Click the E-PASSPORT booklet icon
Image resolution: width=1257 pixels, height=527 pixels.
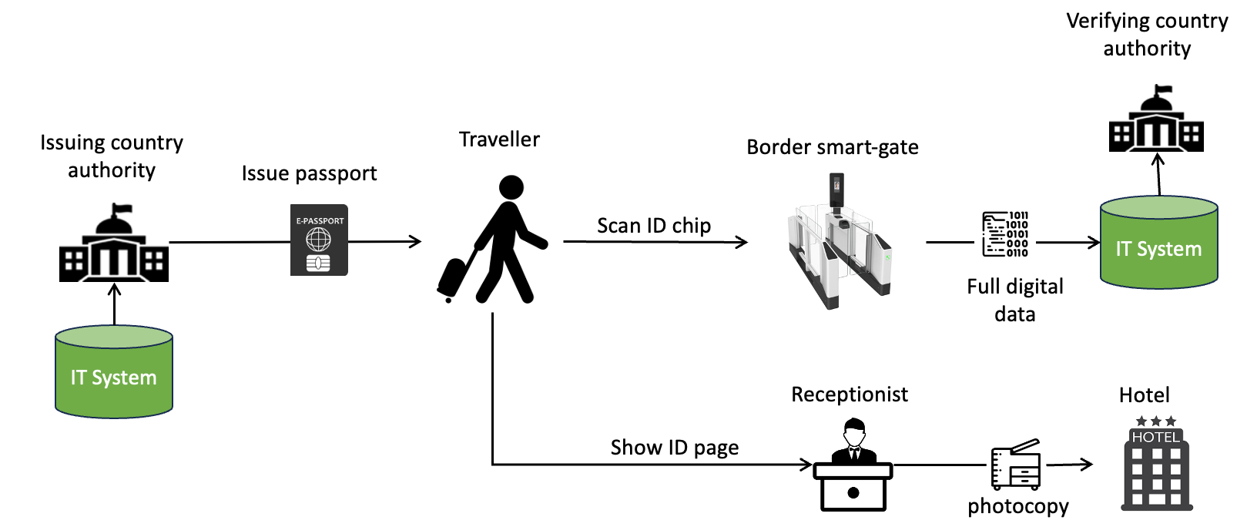tap(319, 240)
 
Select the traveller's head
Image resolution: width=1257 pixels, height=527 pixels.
tap(511, 187)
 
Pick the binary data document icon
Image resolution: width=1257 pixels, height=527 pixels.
tap(1005, 234)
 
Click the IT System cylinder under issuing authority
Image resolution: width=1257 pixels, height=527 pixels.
tap(114, 373)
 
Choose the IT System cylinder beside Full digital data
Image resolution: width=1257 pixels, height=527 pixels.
tap(1158, 243)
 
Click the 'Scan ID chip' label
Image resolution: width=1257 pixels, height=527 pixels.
tap(654, 226)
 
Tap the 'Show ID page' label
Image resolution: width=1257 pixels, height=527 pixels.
tap(675, 448)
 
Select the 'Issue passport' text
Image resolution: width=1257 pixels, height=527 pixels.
tap(309, 173)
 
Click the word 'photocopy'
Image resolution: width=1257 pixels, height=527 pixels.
tap(1018, 506)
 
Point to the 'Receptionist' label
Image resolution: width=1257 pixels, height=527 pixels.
tap(850, 394)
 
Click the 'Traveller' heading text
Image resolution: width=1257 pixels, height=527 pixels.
tap(499, 139)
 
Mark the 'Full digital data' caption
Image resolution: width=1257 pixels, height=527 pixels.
tap(1015, 300)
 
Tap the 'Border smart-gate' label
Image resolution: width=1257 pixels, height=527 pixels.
tap(833, 147)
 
